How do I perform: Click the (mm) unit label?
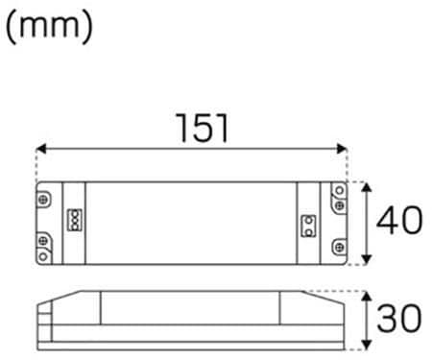pyautogui.click(x=49, y=27)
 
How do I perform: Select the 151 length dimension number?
pyautogui.click(x=203, y=128)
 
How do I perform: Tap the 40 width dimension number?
pyautogui.click(x=399, y=221)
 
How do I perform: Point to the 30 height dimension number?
pyautogui.click(x=399, y=318)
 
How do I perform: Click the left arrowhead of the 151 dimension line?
pyautogui.click(x=41, y=149)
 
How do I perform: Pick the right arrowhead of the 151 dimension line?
pyautogui.click(x=342, y=149)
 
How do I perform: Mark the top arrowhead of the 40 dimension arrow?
pyautogui.click(x=367, y=187)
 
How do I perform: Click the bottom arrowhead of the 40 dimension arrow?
pyautogui.click(x=367, y=259)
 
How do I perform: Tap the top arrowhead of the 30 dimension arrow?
pyautogui.click(x=367, y=297)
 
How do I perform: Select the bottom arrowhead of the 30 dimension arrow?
pyautogui.click(x=367, y=345)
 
